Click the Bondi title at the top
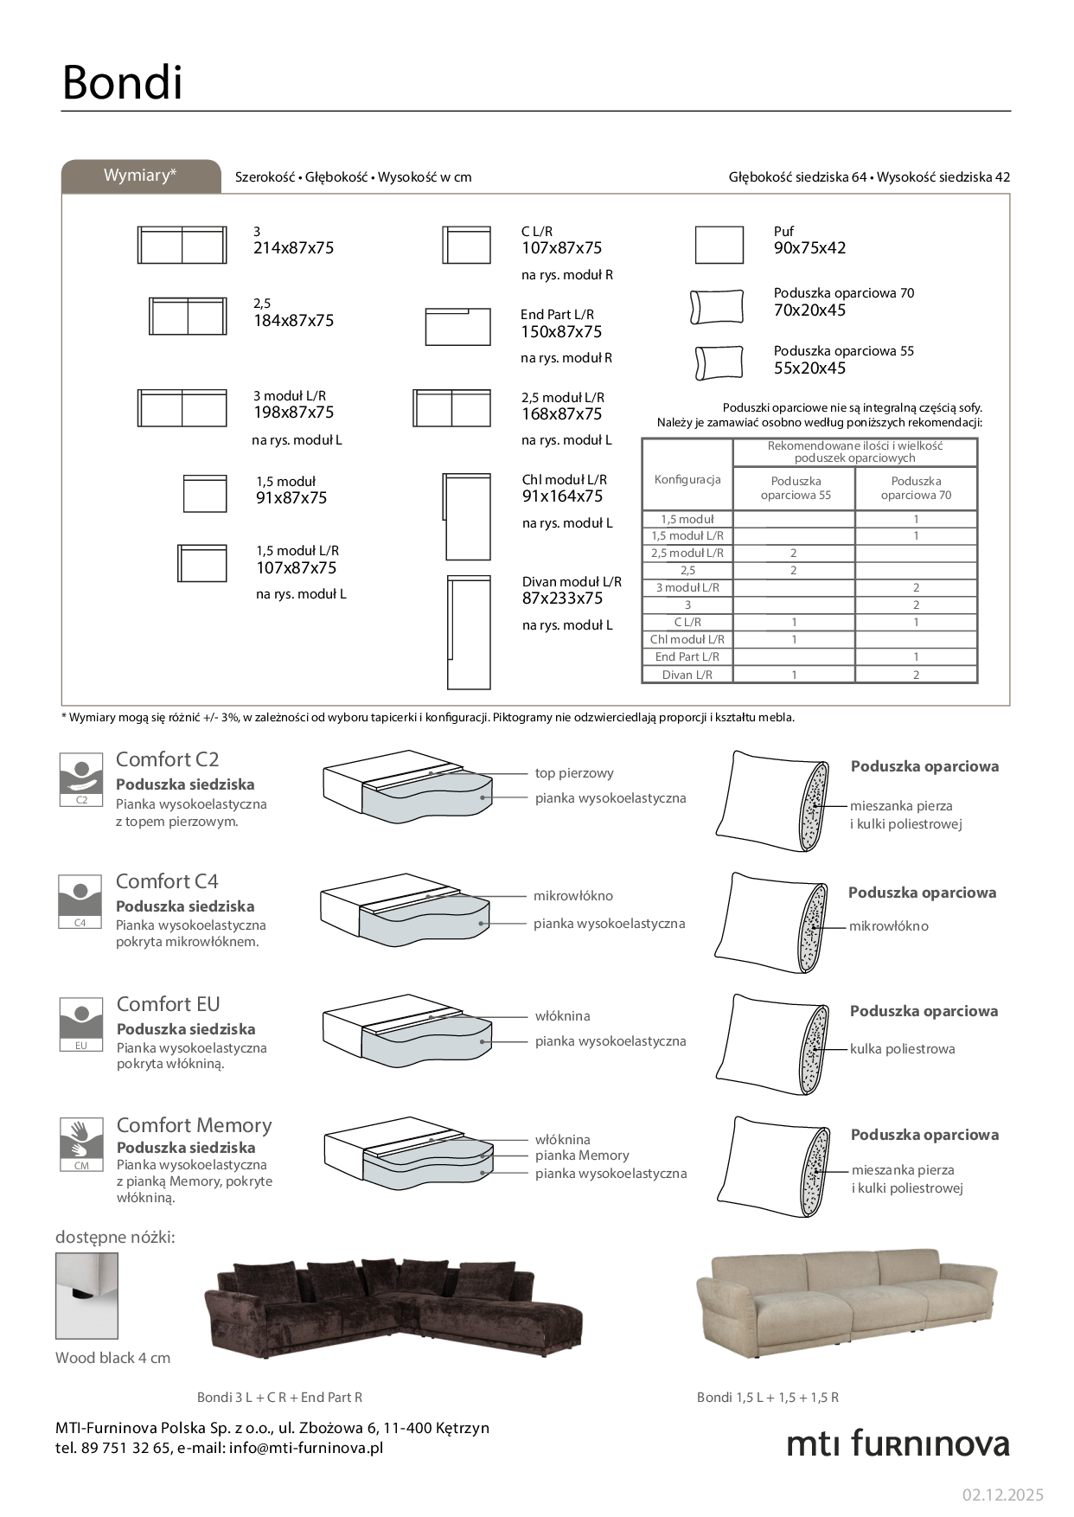coord(122,83)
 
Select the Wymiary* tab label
coord(140,176)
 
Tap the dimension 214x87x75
coord(293,248)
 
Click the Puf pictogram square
coord(719,245)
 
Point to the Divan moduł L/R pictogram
coord(469,632)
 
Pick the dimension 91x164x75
coord(562,496)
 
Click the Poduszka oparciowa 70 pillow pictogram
coord(717,307)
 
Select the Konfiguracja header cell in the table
coord(687,479)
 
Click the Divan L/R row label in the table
coord(687,675)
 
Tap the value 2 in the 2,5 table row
coord(793,571)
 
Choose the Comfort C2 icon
coord(81,778)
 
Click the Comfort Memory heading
coord(194,1125)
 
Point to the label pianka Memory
coord(582,1155)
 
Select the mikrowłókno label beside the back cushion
coord(888,926)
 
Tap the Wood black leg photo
coord(86,1296)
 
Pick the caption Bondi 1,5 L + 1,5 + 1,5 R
coord(767,1397)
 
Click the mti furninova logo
coord(898,1443)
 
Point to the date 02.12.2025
coord(1002,1495)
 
